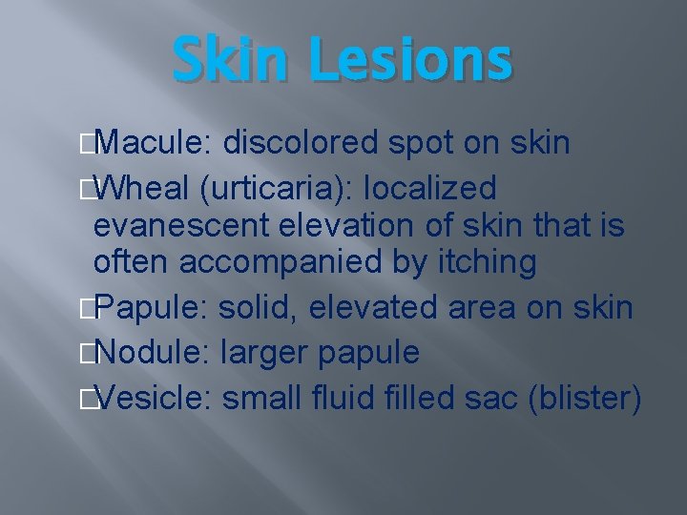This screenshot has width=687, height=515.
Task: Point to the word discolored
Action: click(x=301, y=144)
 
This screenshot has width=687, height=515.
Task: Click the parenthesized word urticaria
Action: click(x=275, y=186)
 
